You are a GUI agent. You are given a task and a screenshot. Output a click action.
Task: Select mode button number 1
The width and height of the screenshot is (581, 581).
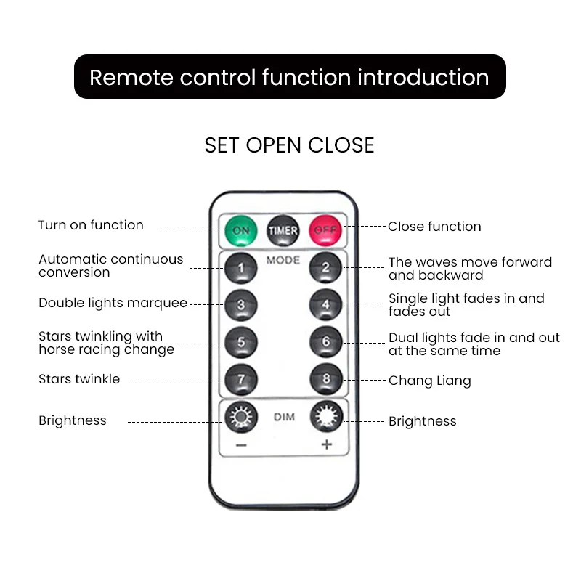tap(241, 268)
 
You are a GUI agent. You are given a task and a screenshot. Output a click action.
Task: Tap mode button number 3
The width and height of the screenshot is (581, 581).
tap(241, 305)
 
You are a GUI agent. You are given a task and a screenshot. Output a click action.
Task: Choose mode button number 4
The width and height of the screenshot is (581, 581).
tap(325, 305)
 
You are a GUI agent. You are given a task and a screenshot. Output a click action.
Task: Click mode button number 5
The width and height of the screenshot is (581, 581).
tap(241, 341)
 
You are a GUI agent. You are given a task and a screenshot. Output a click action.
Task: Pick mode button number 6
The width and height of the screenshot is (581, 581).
tap(325, 341)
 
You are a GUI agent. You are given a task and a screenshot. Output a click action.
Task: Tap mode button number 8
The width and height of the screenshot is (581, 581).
tap(325, 378)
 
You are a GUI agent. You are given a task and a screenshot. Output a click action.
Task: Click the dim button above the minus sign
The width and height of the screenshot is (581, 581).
tap(241, 418)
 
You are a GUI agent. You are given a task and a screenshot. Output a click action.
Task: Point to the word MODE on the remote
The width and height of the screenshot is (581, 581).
tap(283, 260)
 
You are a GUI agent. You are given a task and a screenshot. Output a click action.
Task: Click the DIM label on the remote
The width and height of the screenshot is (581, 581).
tap(284, 418)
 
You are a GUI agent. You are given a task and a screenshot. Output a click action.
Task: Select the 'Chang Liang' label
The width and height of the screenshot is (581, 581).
tap(429, 381)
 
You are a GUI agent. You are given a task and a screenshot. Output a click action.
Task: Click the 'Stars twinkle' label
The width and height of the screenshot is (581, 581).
tap(79, 379)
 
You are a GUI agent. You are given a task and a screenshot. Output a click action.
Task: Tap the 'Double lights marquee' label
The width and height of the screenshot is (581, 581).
tap(113, 303)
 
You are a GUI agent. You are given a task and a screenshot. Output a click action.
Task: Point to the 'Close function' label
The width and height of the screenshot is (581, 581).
tap(434, 227)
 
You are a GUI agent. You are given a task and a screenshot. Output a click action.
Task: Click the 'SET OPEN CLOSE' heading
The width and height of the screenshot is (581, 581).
tap(289, 145)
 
